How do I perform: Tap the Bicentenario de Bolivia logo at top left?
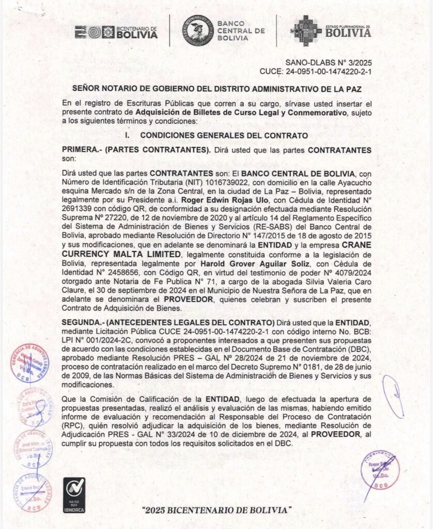116,32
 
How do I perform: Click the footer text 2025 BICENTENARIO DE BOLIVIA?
216,510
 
